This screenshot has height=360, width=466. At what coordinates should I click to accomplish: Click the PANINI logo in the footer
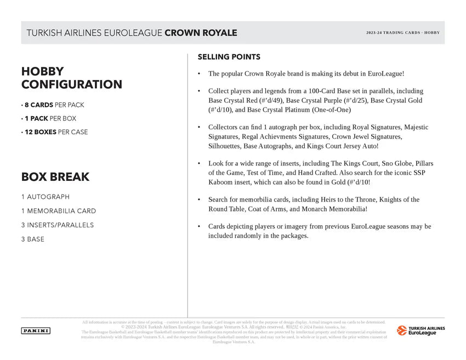(x=36, y=330)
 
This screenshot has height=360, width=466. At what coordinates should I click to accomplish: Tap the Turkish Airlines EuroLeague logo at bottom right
(x=420, y=330)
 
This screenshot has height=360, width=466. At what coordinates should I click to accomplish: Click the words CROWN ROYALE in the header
(x=201, y=33)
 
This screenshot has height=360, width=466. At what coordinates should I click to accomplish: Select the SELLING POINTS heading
(x=229, y=57)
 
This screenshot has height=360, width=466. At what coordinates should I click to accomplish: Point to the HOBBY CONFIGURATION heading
(x=71, y=78)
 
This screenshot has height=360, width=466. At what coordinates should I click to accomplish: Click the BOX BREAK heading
(x=55, y=177)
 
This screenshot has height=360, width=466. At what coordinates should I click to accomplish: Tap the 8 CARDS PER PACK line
(x=53, y=105)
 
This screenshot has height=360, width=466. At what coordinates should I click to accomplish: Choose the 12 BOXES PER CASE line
(x=54, y=132)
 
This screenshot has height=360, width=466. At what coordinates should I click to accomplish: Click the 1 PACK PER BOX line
(x=49, y=118)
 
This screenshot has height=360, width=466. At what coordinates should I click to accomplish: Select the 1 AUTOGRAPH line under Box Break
(x=46, y=197)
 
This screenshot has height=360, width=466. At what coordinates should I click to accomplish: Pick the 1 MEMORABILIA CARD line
(x=58, y=211)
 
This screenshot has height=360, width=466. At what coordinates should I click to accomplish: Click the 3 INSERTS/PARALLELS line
(x=57, y=225)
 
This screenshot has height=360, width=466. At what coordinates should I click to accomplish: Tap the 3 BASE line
(x=33, y=239)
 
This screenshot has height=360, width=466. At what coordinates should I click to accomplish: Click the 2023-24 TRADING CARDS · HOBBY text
(x=403, y=33)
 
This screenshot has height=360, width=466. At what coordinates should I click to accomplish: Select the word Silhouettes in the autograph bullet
(x=224, y=146)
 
